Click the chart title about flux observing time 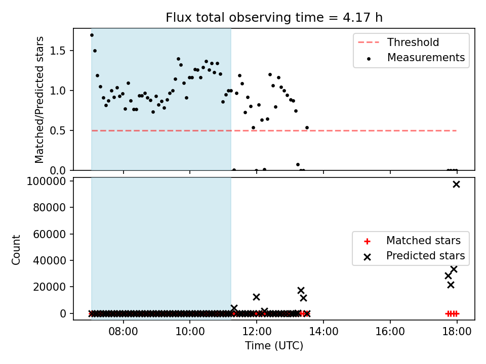[x=274, y=17]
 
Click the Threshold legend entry [x=398, y=42]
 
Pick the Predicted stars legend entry [x=415, y=256]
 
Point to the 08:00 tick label [x=123, y=332]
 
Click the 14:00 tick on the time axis [x=323, y=332]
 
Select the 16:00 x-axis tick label [x=390, y=332]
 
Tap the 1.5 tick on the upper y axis [x=58, y=51]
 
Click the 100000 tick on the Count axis [x=47, y=181]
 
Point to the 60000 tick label [x=50, y=234]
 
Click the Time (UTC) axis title [x=274, y=346]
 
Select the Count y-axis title [x=16, y=250]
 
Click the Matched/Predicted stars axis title [x=39, y=100]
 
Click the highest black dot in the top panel [x=92, y=35]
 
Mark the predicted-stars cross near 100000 [x=456, y=185]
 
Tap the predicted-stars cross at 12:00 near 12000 [x=256, y=297]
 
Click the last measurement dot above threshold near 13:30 [x=307, y=127]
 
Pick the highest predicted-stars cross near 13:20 [x=301, y=290]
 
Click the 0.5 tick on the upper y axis [x=58, y=130]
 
